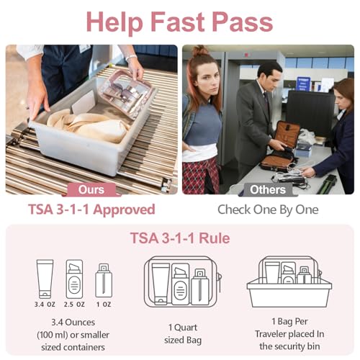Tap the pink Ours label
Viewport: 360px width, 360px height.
click(x=91, y=190)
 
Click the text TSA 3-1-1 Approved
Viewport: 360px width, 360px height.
click(x=91, y=210)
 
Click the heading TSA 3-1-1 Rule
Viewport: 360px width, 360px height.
click(x=179, y=238)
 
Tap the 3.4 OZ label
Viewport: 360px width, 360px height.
click(x=45, y=304)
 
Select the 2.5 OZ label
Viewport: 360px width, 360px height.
click(x=74, y=304)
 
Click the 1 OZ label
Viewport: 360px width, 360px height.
click(x=103, y=304)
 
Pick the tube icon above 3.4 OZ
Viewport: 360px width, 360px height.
click(x=45, y=278)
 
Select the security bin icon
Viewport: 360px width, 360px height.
click(x=289, y=282)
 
